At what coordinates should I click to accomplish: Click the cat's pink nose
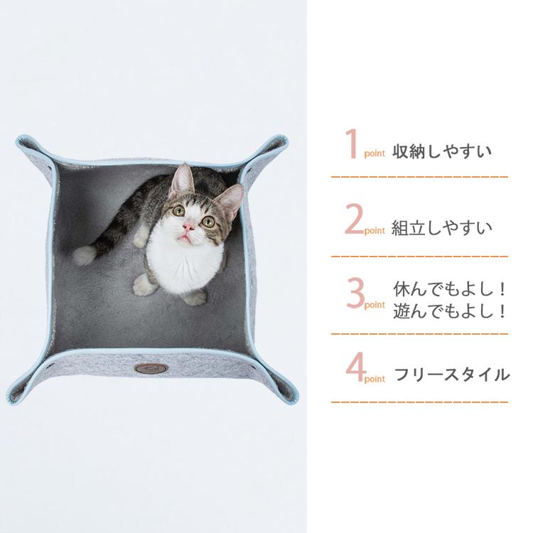[x=188, y=227]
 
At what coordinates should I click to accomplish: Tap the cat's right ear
[x=232, y=199]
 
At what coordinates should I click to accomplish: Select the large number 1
[x=350, y=144]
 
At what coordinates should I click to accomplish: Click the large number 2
[x=354, y=220]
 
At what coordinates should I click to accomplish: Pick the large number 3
[x=354, y=294]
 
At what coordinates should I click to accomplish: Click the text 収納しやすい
[x=441, y=152]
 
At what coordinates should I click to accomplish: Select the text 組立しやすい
[x=441, y=228]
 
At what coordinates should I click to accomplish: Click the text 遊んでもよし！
[x=451, y=311]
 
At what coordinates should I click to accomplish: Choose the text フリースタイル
[x=451, y=375]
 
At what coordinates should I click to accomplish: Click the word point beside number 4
[x=375, y=379]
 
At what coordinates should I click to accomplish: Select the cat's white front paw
[x=144, y=286]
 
